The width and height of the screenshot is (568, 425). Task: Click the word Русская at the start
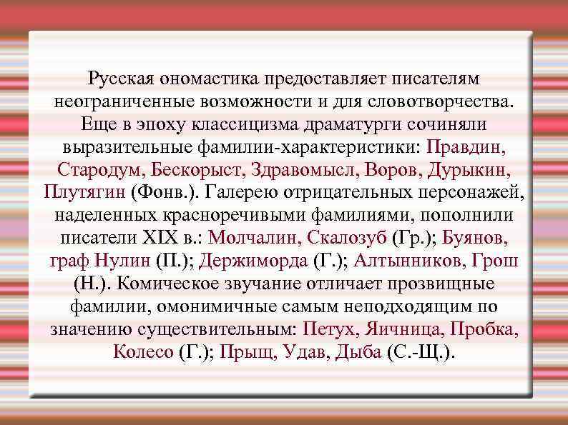(x=122, y=78)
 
